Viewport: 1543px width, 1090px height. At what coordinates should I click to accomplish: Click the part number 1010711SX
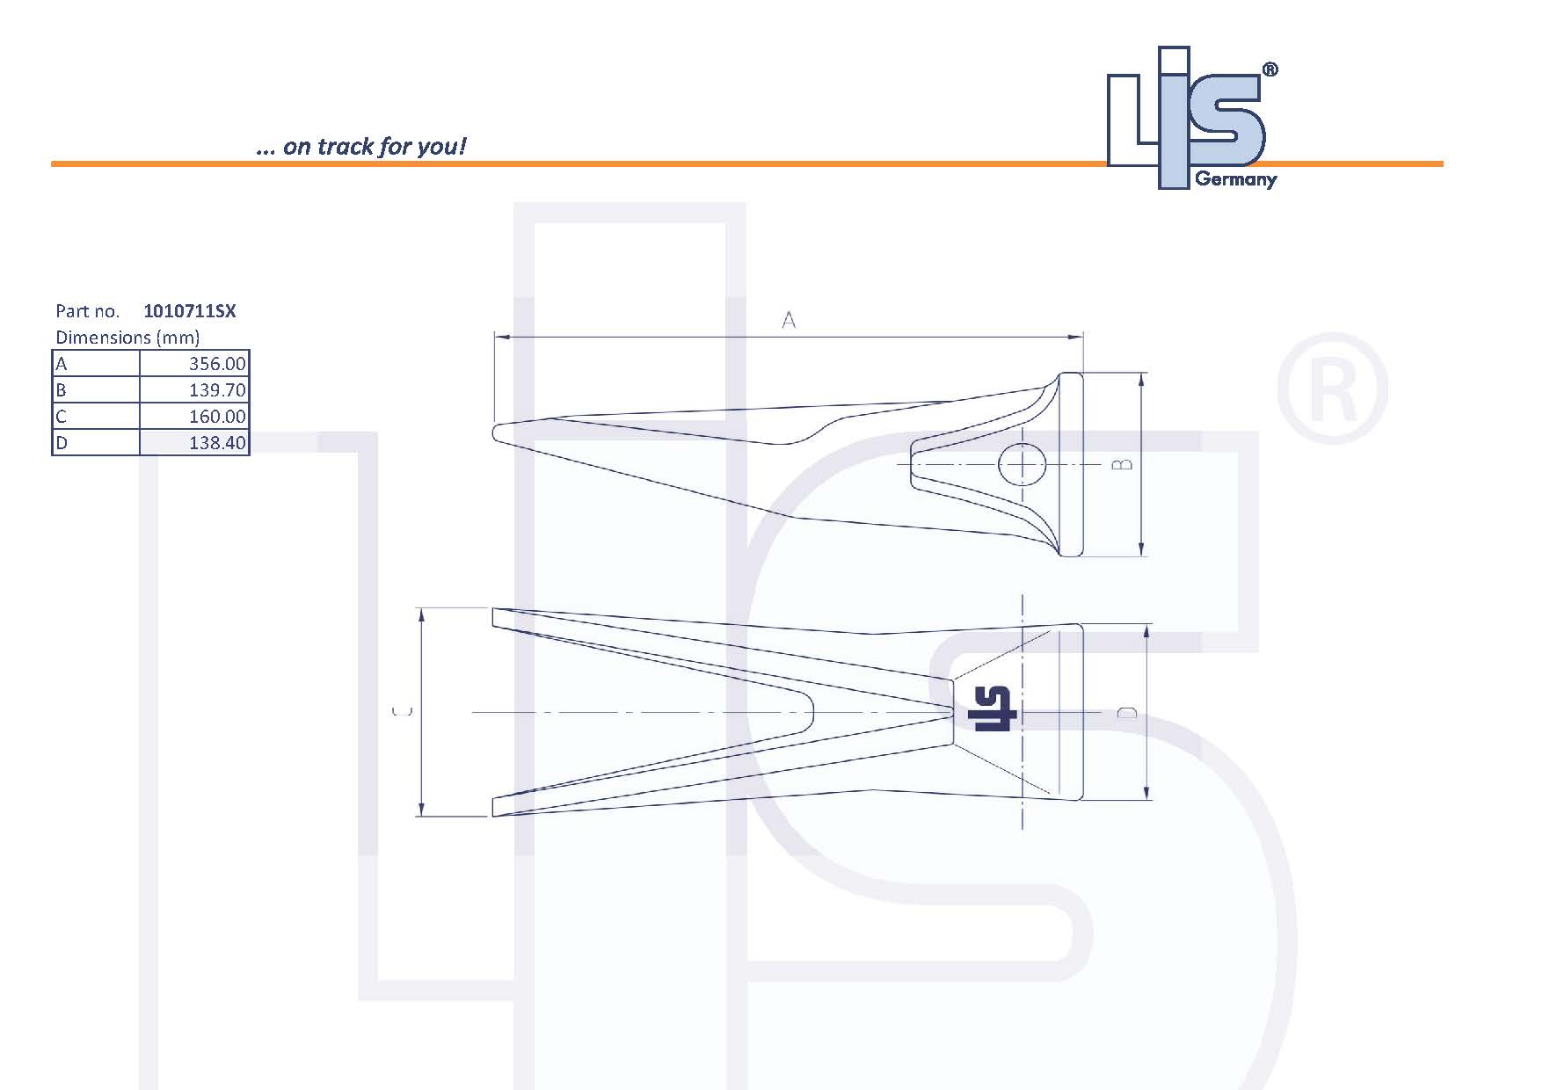(189, 311)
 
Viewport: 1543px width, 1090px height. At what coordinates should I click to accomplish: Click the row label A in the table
(62, 364)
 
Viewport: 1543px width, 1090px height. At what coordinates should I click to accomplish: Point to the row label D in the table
(62, 443)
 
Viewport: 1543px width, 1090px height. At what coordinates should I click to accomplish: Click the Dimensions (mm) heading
(127, 338)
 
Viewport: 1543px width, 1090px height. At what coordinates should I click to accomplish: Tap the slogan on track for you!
(360, 146)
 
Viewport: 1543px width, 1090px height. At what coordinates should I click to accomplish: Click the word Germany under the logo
(1235, 180)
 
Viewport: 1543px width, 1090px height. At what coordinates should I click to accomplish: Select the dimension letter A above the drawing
(789, 321)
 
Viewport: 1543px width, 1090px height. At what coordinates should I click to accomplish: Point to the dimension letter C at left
(401, 711)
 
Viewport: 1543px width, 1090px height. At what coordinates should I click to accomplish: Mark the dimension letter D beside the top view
(1127, 712)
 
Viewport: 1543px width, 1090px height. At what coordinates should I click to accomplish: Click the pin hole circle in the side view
(1022, 464)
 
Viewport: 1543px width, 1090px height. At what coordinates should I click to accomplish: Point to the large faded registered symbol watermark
(1331, 389)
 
